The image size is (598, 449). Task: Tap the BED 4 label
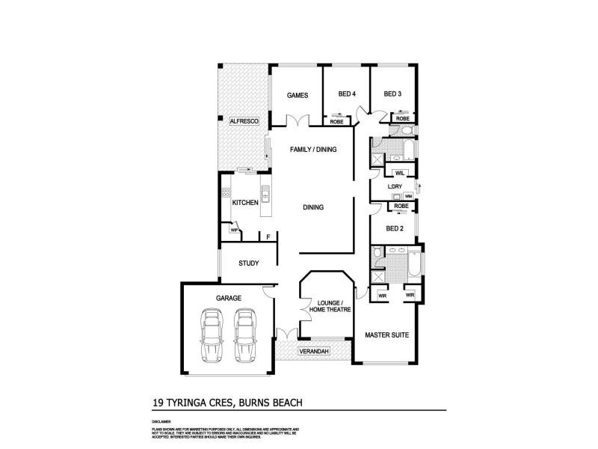tap(347, 94)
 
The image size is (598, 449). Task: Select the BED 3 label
tap(392, 94)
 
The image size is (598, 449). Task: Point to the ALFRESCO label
tap(244, 121)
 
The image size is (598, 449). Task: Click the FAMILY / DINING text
tap(313, 150)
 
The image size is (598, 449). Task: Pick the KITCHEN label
tap(245, 203)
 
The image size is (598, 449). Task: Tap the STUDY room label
tap(248, 263)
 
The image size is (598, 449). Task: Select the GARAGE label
tap(228, 298)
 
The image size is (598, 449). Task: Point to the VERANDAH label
tap(313, 351)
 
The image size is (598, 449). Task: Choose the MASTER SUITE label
tap(386, 335)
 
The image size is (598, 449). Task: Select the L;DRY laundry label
tap(396, 186)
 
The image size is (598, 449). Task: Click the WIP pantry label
tap(234, 230)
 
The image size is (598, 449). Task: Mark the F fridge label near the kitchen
tap(268, 238)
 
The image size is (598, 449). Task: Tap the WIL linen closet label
tap(400, 173)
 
